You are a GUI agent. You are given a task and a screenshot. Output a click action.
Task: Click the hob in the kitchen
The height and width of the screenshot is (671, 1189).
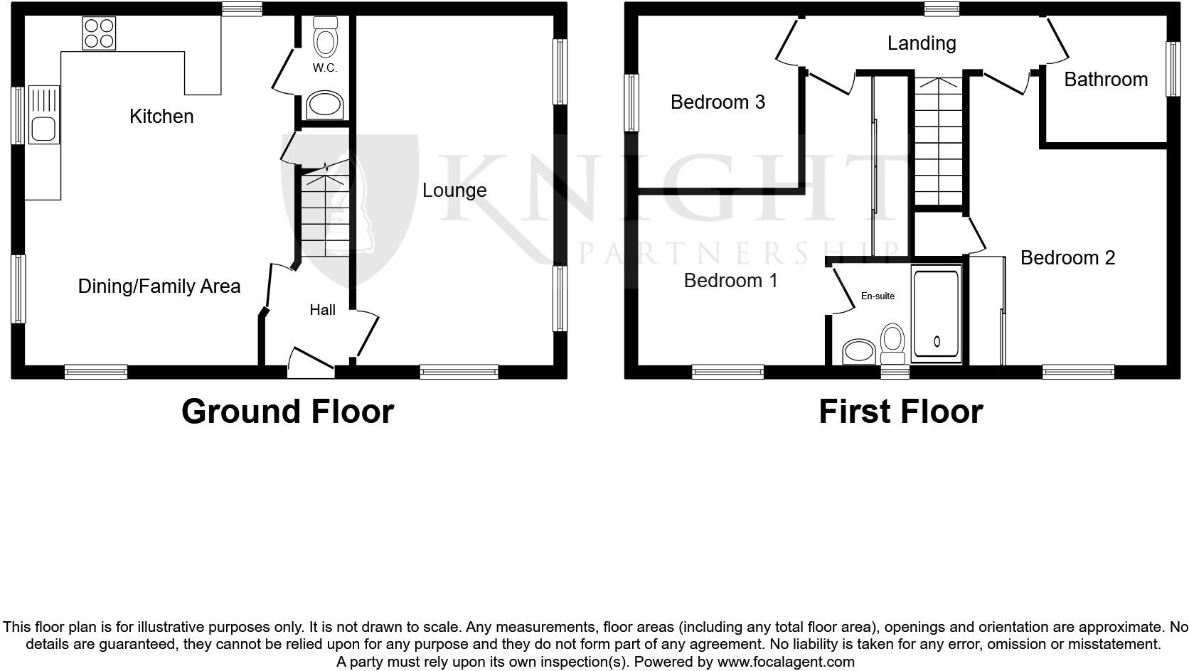click(99, 33)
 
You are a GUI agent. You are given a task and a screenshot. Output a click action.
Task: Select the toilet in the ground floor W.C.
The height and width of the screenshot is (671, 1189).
click(325, 37)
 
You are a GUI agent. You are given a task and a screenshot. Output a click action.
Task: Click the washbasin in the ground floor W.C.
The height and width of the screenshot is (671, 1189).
click(324, 107)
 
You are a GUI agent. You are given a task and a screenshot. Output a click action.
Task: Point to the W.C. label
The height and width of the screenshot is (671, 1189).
click(324, 68)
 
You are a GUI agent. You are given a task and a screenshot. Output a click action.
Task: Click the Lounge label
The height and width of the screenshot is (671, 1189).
click(454, 190)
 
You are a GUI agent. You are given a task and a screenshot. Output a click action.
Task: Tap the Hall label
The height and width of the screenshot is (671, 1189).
click(322, 310)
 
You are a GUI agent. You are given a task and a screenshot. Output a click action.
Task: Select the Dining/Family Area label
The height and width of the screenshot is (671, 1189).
click(159, 286)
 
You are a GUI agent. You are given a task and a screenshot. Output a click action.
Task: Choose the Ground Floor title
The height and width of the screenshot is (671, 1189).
click(287, 412)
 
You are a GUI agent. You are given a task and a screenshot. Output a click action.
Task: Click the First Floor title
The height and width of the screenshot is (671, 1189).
click(900, 412)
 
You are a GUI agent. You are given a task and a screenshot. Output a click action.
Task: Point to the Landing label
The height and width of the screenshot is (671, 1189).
click(921, 43)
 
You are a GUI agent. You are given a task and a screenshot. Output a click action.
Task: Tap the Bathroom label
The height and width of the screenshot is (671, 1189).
click(1106, 80)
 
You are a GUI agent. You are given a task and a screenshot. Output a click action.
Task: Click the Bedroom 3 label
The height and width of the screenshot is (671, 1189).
click(718, 102)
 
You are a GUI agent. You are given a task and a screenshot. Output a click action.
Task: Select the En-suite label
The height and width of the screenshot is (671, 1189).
click(878, 296)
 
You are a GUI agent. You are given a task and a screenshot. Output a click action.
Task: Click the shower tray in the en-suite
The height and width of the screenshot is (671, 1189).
click(937, 313)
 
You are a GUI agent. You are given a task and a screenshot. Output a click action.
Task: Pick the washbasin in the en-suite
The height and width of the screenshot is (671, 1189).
click(859, 351)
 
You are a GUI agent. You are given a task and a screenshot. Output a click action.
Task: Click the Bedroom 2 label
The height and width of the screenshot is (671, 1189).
click(1067, 258)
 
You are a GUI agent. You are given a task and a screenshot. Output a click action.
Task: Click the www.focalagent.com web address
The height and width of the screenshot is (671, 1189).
click(786, 662)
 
